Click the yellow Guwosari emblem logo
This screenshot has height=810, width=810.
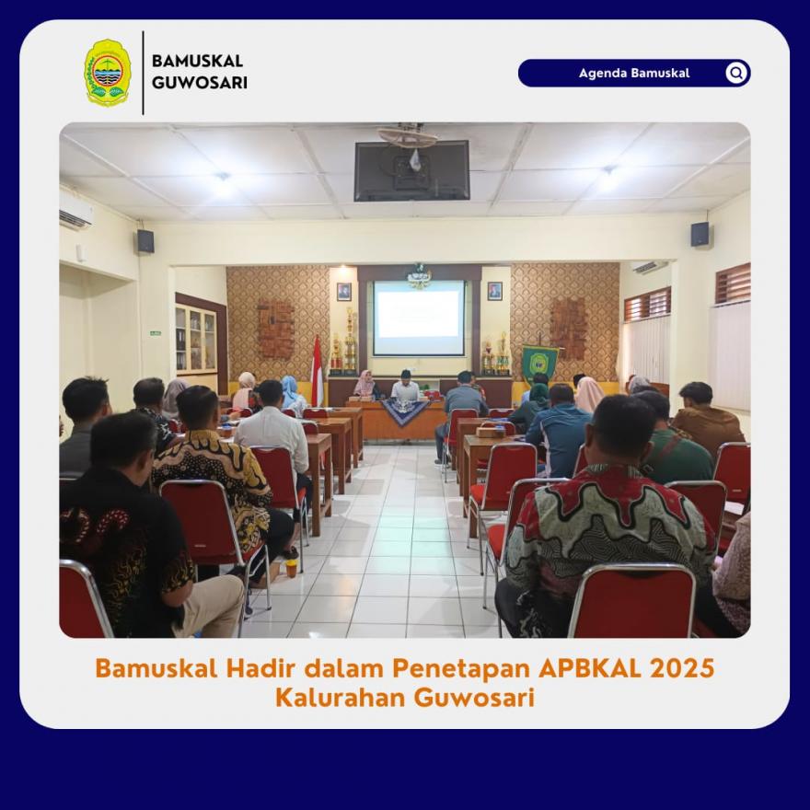108,73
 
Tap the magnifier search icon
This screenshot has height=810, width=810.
736,73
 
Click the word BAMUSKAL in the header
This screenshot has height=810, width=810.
197,61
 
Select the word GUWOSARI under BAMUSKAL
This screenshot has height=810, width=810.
200,83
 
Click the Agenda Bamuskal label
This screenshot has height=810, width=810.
634,73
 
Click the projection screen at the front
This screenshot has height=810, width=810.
419,318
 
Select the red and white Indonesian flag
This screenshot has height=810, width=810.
317,371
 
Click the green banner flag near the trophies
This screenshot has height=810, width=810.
538,362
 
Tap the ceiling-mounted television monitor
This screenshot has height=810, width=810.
411,170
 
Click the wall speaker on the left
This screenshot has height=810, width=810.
145,241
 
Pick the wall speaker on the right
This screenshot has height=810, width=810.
700,235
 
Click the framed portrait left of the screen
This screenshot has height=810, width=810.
343,292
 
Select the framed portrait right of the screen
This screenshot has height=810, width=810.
494,291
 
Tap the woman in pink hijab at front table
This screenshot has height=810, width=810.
365,385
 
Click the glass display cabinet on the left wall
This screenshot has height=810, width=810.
196,340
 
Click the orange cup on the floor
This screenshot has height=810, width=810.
292,568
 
